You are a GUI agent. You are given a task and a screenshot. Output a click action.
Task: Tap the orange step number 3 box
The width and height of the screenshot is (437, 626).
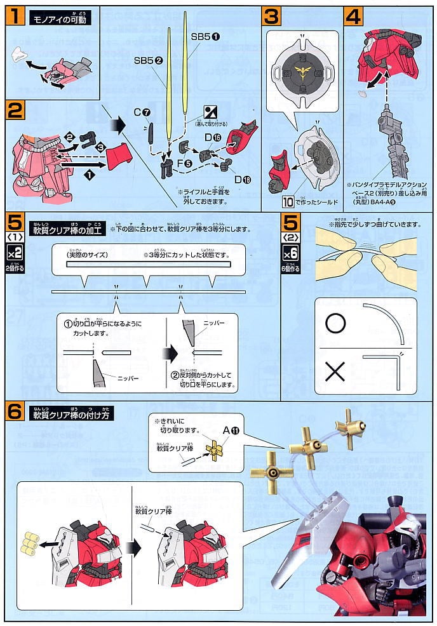(271, 15)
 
